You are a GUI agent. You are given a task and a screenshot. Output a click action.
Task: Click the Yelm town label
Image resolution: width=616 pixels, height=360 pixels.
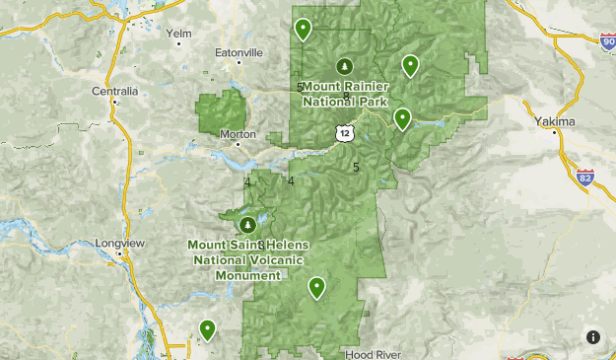(178, 33)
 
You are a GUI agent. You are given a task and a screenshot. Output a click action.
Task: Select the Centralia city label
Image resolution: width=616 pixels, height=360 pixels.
(115, 91)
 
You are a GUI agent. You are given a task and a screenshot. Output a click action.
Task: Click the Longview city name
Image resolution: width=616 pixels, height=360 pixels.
(120, 243)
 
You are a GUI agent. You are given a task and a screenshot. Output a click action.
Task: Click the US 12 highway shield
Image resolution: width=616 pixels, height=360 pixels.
(342, 132)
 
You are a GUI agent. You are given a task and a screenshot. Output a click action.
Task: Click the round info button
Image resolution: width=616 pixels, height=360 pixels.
(593, 336)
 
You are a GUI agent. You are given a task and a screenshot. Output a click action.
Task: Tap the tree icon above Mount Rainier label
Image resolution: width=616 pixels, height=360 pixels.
(344, 67)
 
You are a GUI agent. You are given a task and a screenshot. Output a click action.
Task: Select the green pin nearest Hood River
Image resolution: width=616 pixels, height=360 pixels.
(316, 287)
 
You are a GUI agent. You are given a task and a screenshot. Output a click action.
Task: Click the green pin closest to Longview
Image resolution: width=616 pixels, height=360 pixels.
(207, 328)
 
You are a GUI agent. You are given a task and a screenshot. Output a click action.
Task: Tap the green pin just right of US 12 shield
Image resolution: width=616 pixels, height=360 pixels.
(402, 118)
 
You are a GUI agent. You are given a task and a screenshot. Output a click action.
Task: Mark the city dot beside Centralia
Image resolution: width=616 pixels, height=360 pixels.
(115, 102)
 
